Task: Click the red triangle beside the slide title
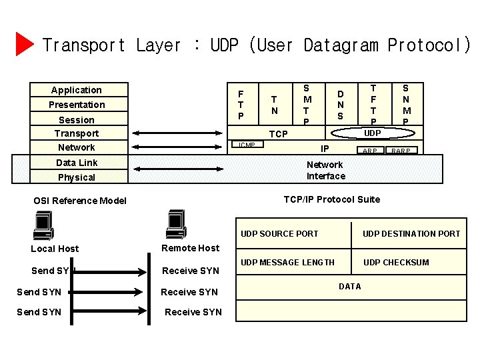tap(24, 44)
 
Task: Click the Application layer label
tap(77, 90)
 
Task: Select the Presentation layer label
tap(77, 105)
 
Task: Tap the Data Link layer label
tap(77, 163)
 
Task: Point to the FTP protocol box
tap(241, 105)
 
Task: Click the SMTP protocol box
tap(306, 105)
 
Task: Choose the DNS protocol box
tap(340, 105)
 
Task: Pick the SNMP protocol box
tap(406, 105)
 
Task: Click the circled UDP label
tap(373, 133)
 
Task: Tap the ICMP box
tap(247, 145)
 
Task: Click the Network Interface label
tap(325, 170)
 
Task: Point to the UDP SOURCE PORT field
tap(279, 233)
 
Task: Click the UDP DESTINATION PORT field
tap(411, 233)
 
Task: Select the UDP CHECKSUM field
tap(396, 262)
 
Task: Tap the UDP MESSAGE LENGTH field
tap(287, 262)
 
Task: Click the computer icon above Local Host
tap(44, 225)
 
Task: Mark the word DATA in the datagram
tap(349, 287)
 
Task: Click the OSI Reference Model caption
tap(80, 201)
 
